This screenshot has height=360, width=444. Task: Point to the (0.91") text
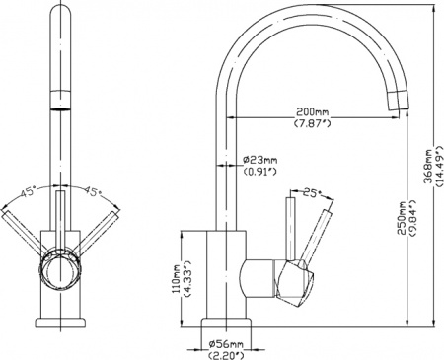point(259,174)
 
